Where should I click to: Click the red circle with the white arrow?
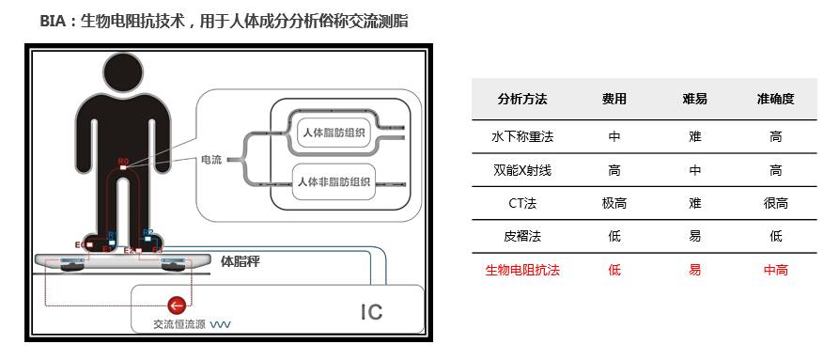tap(175, 305)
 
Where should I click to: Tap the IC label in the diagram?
tap(372, 311)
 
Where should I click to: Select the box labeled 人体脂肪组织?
tap(334, 133)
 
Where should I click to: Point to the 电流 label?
tap(211, 160)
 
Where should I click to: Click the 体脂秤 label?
tap(240, 262)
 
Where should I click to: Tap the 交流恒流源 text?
tap(179, 325)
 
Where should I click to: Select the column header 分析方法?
tap(522, 99)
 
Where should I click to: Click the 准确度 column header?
tap(775, 99)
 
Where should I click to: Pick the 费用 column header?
tap(614, 99)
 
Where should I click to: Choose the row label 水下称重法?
tap(522, 136)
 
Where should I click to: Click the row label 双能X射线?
tap(522, 170)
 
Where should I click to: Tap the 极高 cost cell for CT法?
tap(614, 203)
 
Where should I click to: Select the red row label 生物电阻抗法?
tap(522, 270)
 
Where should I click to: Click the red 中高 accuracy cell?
tap(775, 270)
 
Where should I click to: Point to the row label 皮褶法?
tap(522, 236)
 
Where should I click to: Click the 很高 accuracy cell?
tap(775, 203)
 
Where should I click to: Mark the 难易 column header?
tap(694, 99)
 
